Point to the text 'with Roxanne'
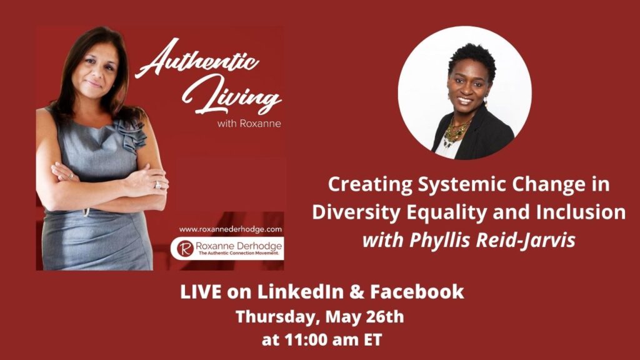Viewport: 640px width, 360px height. click(249, 123)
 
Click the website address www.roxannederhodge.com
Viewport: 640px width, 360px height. click(230, 229)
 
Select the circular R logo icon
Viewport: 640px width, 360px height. click(185, 249)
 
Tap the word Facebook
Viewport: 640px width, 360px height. click(417, 292)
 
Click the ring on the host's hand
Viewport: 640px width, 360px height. click(157, 185)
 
